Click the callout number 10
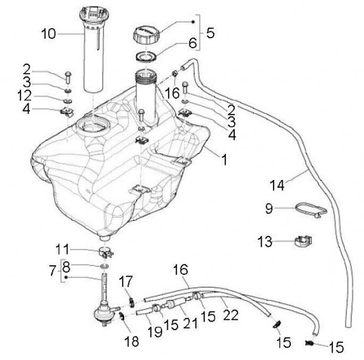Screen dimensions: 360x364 49,34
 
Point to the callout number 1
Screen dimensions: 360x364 223,160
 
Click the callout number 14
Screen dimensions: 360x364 277,185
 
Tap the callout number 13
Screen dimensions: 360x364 265,242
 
